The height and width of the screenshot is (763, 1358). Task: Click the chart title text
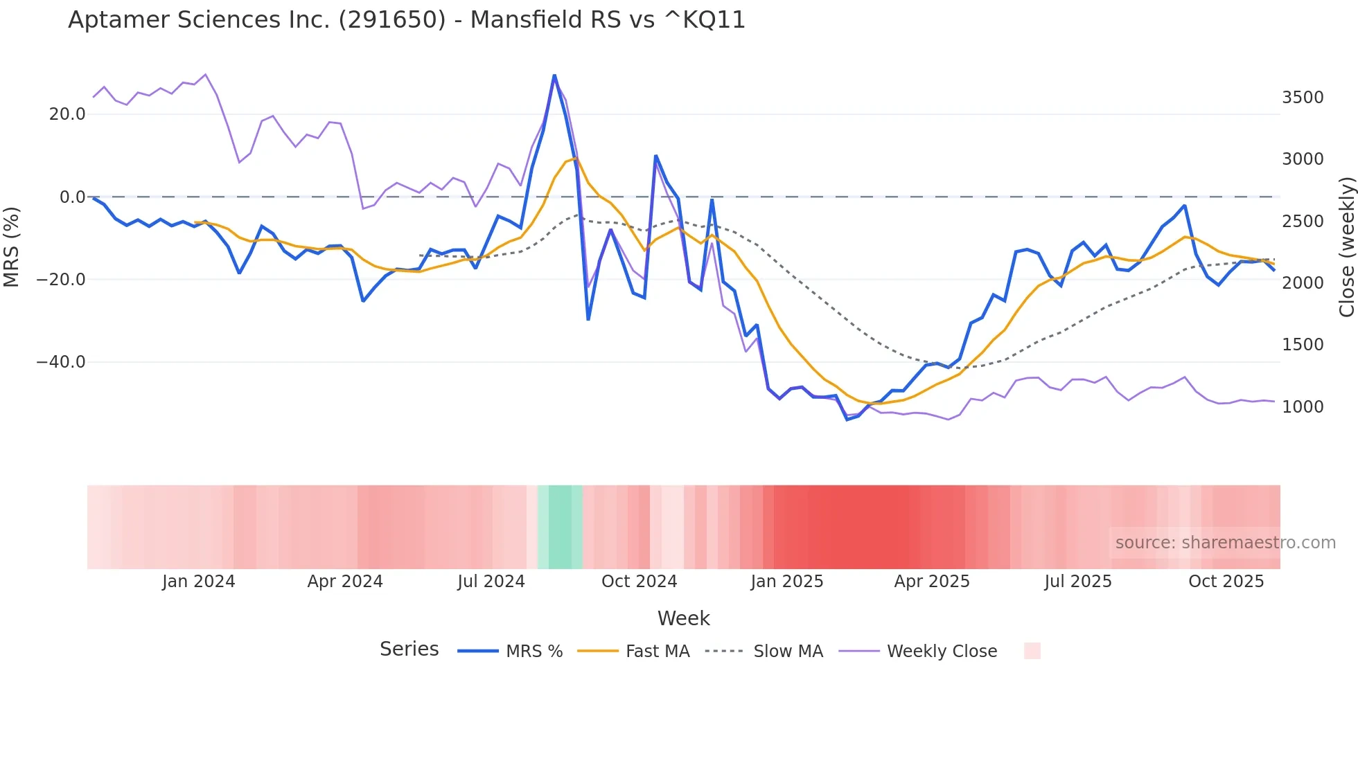click(407, 20)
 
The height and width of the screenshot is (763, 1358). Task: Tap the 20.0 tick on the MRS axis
click(67, 114)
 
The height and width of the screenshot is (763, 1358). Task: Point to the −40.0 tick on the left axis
click(61, 362)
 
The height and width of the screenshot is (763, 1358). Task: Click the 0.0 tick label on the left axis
click(73, 197)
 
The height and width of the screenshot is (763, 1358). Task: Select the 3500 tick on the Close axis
click(1303, 98)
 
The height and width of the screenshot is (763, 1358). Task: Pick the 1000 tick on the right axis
click(1303, 407)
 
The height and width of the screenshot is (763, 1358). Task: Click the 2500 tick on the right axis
click(1303, 222)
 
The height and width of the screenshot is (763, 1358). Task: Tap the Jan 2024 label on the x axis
click(199, 582)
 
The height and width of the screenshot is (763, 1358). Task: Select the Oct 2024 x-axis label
click(639, 582)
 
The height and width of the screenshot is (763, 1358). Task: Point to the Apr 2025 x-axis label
click(932, 582)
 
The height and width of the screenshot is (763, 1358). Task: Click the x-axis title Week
click(683, 618)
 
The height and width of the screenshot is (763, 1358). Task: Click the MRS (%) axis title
click(12, 246)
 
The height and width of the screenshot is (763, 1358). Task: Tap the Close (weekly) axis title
click(1347, 247)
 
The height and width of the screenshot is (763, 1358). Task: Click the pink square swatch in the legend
click(1032, 651)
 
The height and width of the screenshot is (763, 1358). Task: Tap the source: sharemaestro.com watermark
click(1225, 543)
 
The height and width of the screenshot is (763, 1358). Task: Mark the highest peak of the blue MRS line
click(554, 75)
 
